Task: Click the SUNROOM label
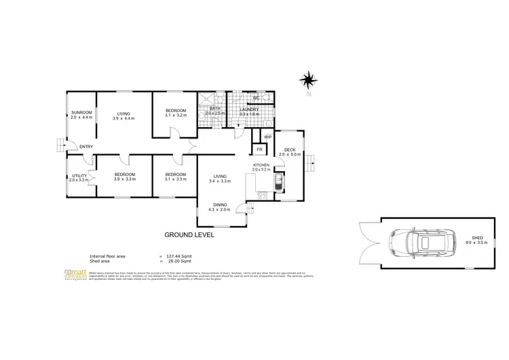(x=81, y=113)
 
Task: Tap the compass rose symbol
(x=309, y=80)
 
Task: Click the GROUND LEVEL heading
(x=189, y=234)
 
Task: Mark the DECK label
(x=290, y=149)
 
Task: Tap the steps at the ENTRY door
(x=61, y=145)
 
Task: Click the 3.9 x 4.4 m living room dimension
(x=124, y=118)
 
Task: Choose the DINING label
(x=220, y=204)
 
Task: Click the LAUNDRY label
(x=249, y=109)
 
